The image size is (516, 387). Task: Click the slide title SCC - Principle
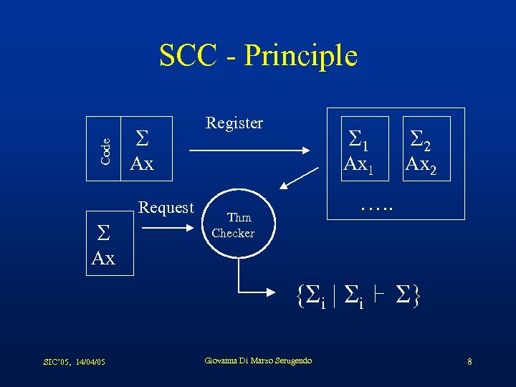[258, 55]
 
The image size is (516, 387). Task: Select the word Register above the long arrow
[234, 123]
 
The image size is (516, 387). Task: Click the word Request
[166, 208]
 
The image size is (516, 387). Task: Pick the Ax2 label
[422, 166]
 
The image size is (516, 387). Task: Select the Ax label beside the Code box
[142, 164]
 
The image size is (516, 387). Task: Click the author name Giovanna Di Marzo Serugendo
[258, 360]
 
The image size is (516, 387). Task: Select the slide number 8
[469, 362]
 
